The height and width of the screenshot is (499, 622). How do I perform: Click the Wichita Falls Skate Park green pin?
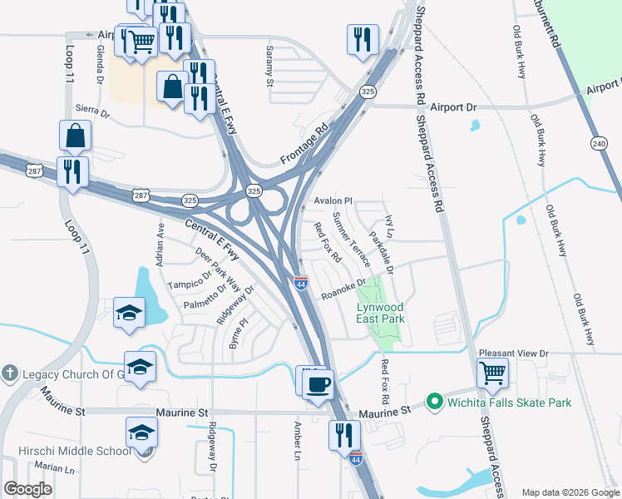[433, 403]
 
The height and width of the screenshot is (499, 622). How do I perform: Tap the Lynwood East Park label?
[380, 312]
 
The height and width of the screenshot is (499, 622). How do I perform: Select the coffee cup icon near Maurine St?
[318, 384]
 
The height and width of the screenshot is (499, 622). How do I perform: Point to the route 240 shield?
[599, 142]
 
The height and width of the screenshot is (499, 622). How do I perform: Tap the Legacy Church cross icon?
[10, 373]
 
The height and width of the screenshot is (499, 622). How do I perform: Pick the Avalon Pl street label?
[333, 201]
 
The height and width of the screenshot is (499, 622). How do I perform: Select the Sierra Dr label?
[92, 110]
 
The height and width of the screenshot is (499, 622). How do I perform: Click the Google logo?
[28, 489]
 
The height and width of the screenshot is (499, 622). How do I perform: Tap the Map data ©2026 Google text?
[570, 492]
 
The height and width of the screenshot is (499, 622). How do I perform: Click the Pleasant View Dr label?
[520, 353]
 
